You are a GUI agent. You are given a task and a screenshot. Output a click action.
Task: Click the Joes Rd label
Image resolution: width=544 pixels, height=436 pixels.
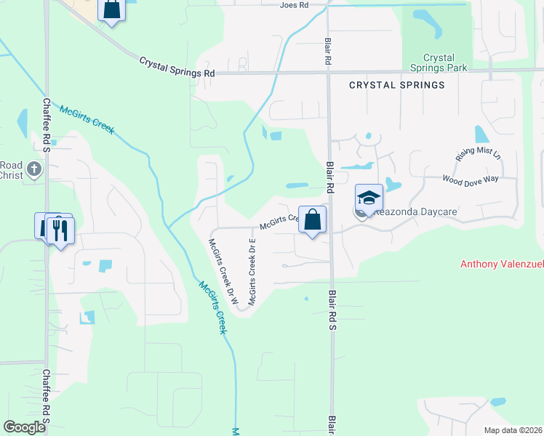[x=295, y=5]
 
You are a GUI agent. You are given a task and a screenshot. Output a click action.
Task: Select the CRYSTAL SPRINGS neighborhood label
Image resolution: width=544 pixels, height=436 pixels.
[x=396, y=85]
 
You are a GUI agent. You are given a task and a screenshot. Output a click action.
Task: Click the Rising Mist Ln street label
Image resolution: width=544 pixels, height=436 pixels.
[x=478, y=153]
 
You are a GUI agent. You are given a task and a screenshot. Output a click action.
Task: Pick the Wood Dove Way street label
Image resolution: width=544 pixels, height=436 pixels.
[x=471, y=179]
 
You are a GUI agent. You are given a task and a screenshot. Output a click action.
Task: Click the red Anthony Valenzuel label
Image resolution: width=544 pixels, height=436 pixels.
[x=501, y=264]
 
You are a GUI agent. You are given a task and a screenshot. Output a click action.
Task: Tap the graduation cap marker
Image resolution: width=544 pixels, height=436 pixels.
[x=369, y=198]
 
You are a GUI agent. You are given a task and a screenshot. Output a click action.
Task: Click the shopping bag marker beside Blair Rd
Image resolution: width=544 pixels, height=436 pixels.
[x=312, y=220]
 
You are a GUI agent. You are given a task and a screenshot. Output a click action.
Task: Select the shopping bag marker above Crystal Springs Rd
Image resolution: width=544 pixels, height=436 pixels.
[x=111, y=9]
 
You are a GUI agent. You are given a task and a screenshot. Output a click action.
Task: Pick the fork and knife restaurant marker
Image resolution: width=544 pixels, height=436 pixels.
[x=60, y=230]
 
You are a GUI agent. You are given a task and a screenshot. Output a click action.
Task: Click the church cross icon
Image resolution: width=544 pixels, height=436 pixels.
[x=33, y=171]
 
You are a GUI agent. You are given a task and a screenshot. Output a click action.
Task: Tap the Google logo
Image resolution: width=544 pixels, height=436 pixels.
[x=25, y=427]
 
